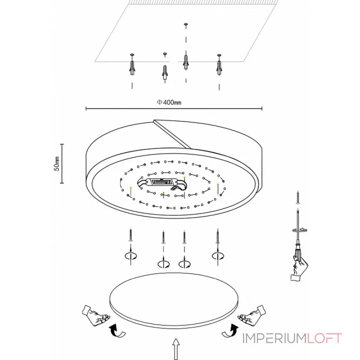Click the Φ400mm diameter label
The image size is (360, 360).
click(x=169, y=102)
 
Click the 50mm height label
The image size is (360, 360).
click(x=57, y=164)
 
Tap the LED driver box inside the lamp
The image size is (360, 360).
click(x=162, y=182)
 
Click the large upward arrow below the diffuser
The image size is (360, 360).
click(x=176, y=349)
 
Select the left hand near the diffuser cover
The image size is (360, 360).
click(x=95, y=315)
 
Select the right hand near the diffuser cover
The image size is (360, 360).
click(x=252, y=315)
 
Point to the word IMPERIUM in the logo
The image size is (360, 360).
click(x=274, y=338)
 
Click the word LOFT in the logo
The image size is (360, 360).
click(x=324, y=338)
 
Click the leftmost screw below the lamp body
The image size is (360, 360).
click(x=130, y=235)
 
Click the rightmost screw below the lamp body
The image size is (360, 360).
click(x=217, y=236)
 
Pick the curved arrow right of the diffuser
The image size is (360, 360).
click(x=230, y=331)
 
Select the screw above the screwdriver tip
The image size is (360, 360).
click(x=298, y=198)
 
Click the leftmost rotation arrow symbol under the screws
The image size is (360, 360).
click(x=130, y=256)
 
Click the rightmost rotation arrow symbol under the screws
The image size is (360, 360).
click(x=218, y=256)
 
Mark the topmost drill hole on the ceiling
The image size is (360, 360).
click(x=186, y=24)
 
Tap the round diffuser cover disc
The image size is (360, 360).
click(x=174, y=300)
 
